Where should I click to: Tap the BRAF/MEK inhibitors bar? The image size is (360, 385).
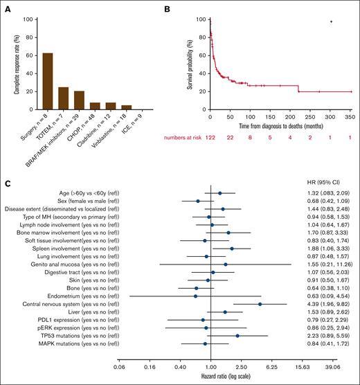pyautogui.click(x=78, y=100)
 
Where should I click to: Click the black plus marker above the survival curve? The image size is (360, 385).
pyautogui.click(x=332, y=21)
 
